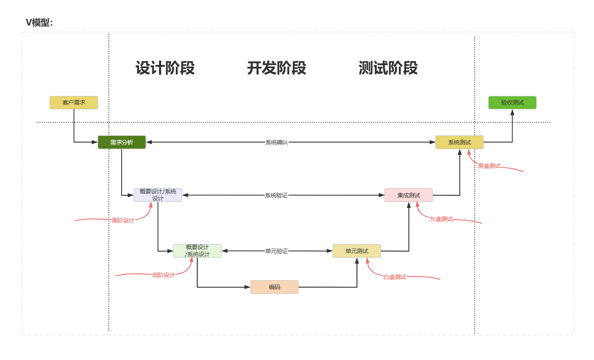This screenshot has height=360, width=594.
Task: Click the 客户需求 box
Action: point(74,103)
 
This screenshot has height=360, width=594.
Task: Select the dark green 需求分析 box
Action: point(122,142)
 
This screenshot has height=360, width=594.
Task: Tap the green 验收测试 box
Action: point(512,103)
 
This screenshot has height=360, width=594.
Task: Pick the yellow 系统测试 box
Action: point(459,142)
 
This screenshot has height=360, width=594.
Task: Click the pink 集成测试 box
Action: point(409,195)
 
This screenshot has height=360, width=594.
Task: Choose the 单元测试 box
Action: point(357,251)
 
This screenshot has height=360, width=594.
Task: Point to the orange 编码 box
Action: point(274,287)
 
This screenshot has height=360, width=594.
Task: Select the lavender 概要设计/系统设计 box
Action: point(158,195)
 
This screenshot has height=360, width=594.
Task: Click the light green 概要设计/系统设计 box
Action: point(197,251)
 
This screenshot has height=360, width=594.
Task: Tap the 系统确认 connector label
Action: point(276,142)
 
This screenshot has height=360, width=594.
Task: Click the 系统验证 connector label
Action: point(276,195)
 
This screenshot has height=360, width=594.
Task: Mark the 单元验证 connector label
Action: point(276,251)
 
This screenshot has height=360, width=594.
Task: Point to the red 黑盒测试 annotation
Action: point(489,166)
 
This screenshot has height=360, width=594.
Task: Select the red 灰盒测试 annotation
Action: point(441,219)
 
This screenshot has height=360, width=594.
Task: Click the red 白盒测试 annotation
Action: point(395,277)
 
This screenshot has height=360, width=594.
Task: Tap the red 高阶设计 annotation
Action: point(123,221)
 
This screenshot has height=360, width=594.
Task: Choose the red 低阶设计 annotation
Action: point(163,275)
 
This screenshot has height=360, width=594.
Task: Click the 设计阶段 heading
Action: point(165,68)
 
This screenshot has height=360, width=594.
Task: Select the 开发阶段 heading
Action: point(276,68)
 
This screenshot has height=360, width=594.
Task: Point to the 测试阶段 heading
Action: point(388,68)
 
